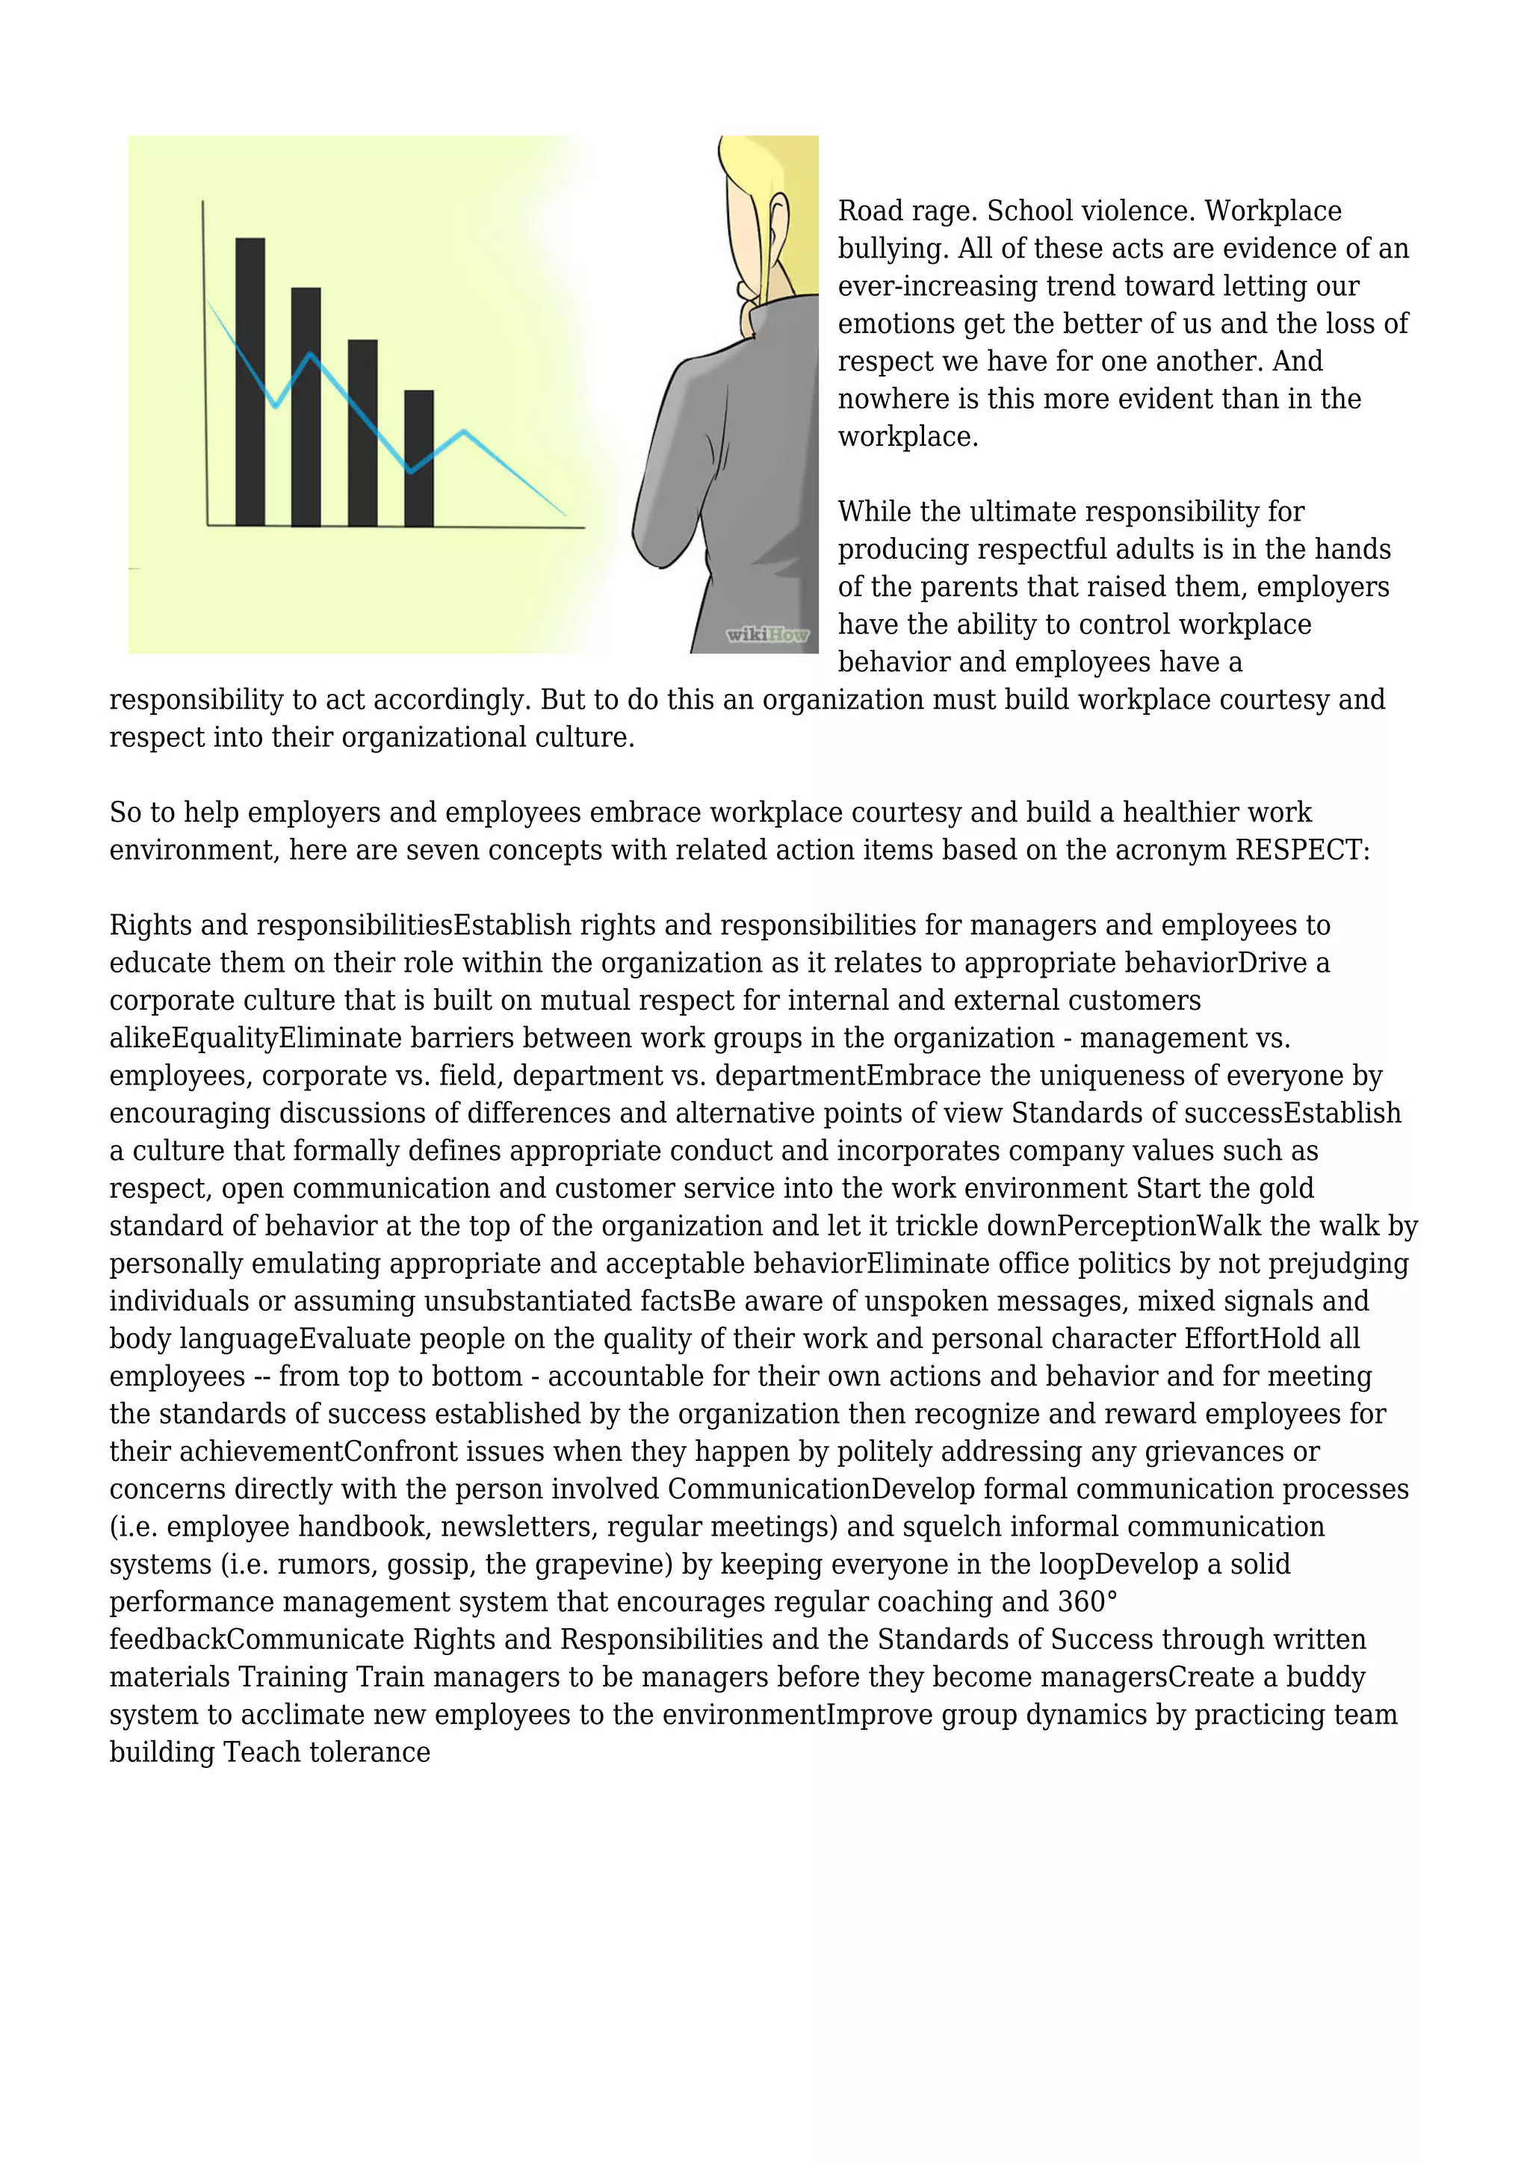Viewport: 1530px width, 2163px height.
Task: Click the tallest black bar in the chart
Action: [250, 382]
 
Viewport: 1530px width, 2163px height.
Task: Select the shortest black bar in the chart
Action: [418, 458]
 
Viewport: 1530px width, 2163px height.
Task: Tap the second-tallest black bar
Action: [306, 407]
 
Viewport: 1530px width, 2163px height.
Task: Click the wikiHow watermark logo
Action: [767, 635]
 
